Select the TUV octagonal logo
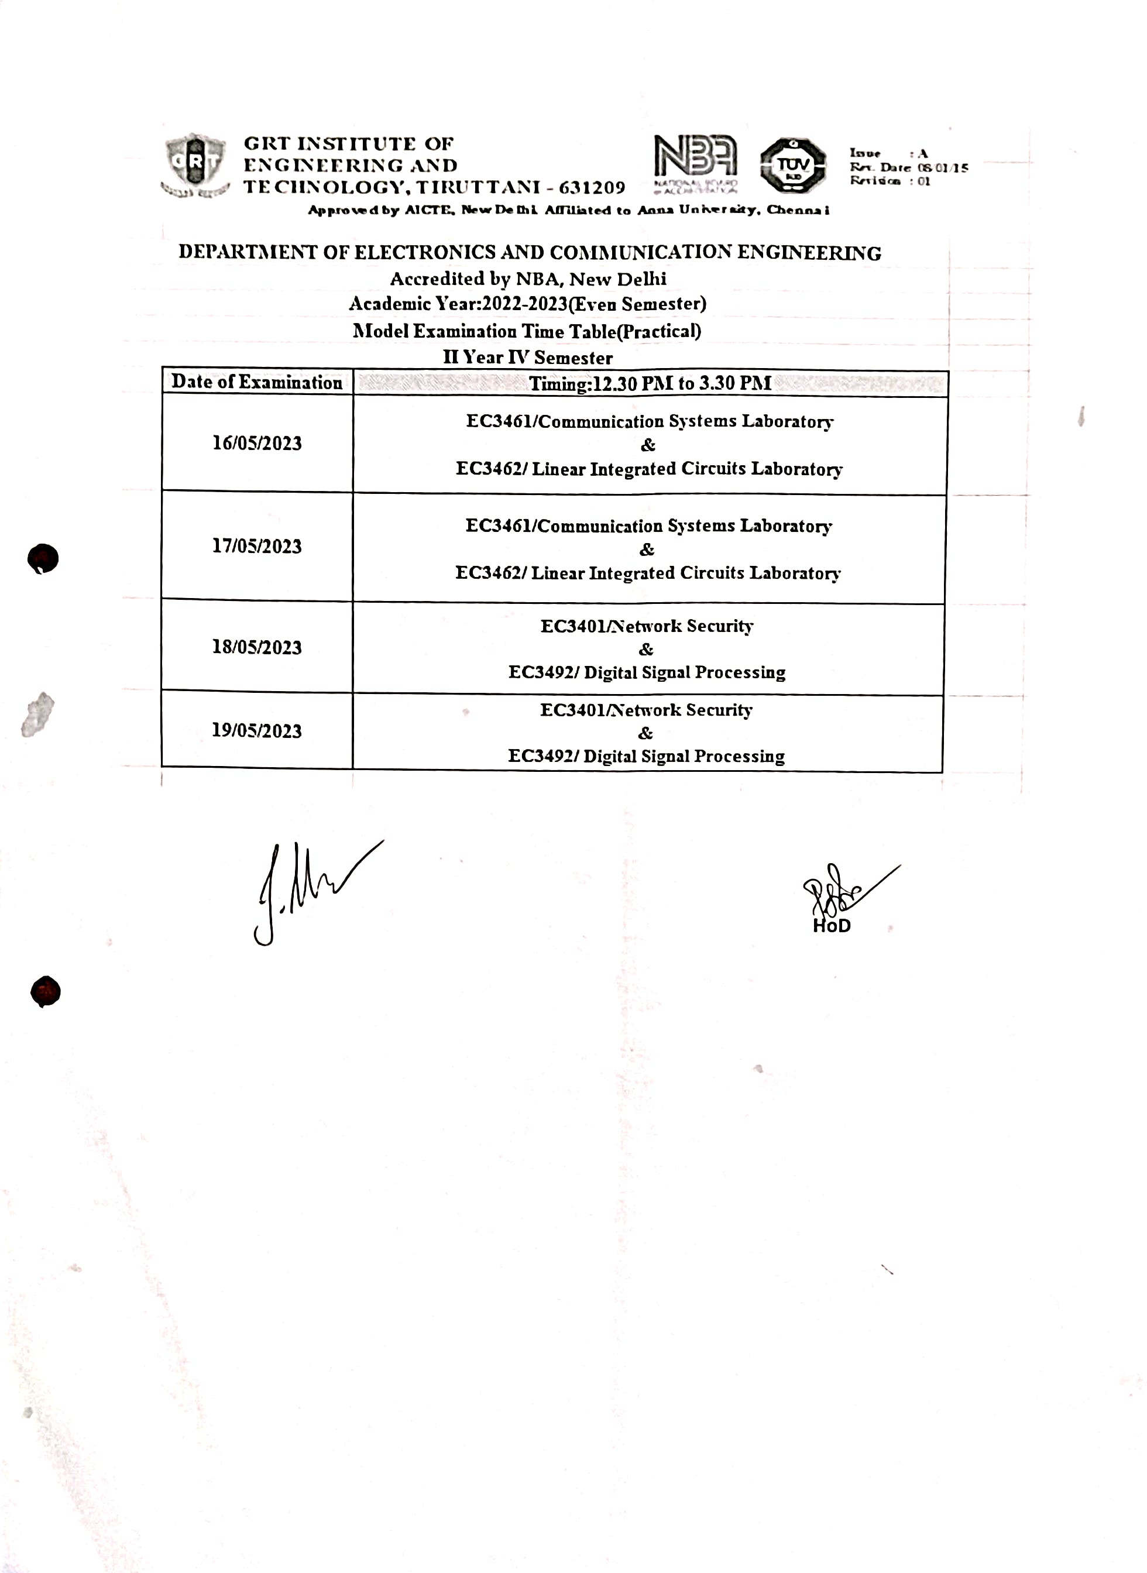tap(792, 165)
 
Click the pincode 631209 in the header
tap(592, 187)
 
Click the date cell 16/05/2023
tap(257, 444)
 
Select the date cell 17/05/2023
tap(257, 547)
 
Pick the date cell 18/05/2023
tap(257, 648)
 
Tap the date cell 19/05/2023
tap(257, 731)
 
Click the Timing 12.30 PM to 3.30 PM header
tap(650, 384)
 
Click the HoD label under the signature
tap(832, 926)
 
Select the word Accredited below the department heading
tap(437, 279)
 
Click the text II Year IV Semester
tap(528, 358)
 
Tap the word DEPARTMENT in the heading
tap(248, 252)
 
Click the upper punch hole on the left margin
tap(43, 559)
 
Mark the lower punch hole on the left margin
tap(46, 991)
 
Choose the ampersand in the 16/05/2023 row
tap(648, 445)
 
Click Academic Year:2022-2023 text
tap(458, 304)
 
